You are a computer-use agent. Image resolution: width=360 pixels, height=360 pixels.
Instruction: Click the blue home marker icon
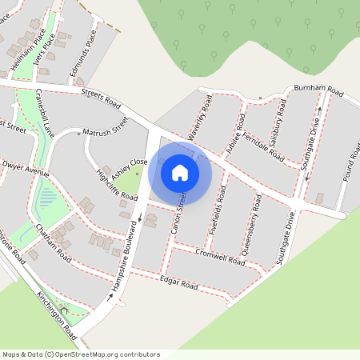(x=180, y=173)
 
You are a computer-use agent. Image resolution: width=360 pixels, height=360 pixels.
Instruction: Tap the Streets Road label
(x=99, y=99)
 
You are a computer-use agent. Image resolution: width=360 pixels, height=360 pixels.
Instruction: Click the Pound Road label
(x=350, y=164)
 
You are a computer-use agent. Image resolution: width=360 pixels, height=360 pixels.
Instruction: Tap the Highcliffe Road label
(x=117, y=185)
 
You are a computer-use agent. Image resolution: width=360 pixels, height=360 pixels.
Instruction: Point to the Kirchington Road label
(x=56, y=313)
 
